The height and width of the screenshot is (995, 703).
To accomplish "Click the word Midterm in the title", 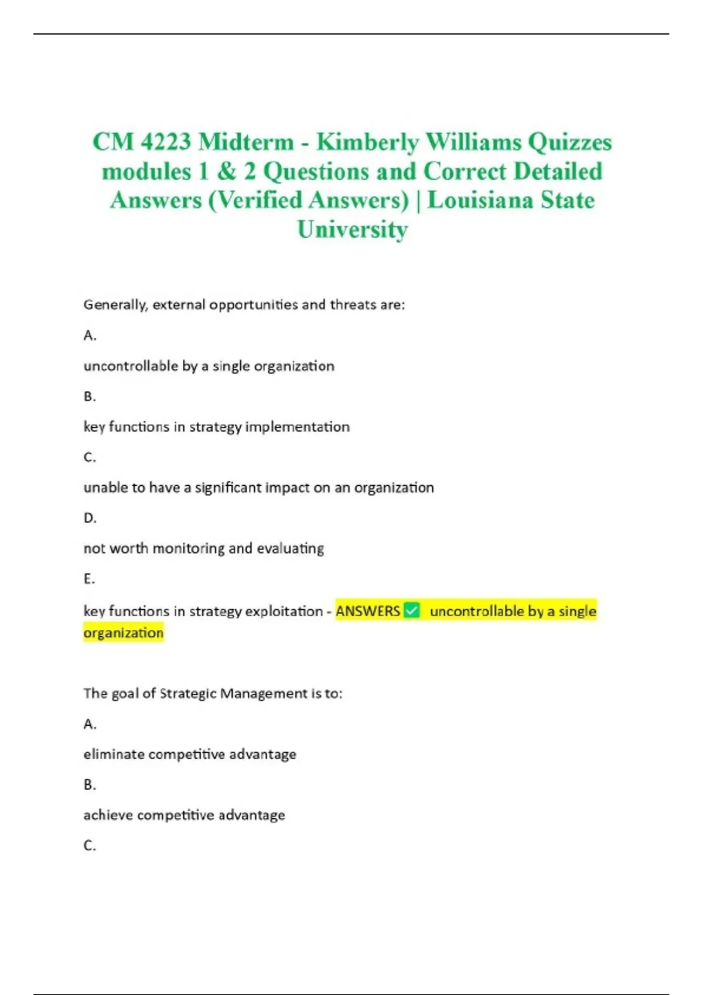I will click(x=246, y=142).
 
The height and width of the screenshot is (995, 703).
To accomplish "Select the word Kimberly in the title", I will click(x=368, y=142).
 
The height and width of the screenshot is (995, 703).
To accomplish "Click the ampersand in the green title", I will click(x=226, y=171).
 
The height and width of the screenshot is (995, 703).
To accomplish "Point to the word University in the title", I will click(x=352, y=229).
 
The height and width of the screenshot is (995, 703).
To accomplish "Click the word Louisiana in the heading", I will click(x=480, y=200).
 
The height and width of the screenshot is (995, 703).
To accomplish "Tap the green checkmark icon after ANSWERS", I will click(x=412, y=610).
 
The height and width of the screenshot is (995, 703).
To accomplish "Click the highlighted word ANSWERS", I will click(x=367, y=611).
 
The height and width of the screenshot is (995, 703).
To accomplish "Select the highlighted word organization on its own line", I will click(x=123, y=633).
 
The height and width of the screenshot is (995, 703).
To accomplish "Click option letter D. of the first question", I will click(x=90, y=518).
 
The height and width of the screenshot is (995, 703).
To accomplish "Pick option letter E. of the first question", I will click(x=89, y=579).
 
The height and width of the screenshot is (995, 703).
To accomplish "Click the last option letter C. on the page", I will click(x=90, y=846).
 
